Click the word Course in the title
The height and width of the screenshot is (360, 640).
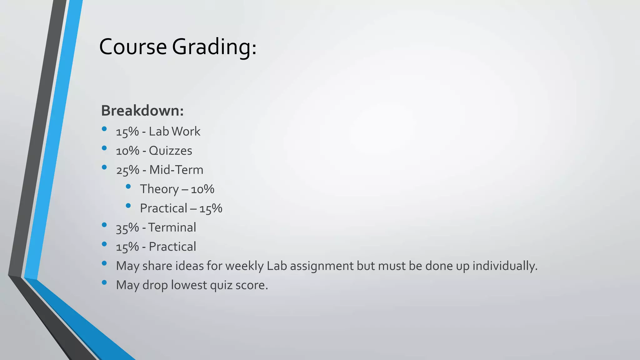coord(133,47)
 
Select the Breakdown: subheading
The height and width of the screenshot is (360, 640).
coord(142,111)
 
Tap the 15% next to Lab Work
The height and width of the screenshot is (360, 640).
coord(127,132)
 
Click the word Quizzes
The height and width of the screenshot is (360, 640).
coord(170,151)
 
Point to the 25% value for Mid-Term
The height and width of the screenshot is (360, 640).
coord(127,170)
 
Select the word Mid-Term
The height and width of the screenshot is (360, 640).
coord(176,170)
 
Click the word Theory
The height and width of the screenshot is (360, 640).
coord(159,189)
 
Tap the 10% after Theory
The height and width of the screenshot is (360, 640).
coord(202,189)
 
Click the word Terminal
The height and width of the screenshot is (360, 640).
coord(172,227)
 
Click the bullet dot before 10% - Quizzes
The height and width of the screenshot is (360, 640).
coord(104,148)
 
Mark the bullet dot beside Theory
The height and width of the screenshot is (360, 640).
coord(128,187)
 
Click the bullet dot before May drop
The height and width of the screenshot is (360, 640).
coord(104,282)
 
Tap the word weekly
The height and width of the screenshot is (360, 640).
coord(244,266)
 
